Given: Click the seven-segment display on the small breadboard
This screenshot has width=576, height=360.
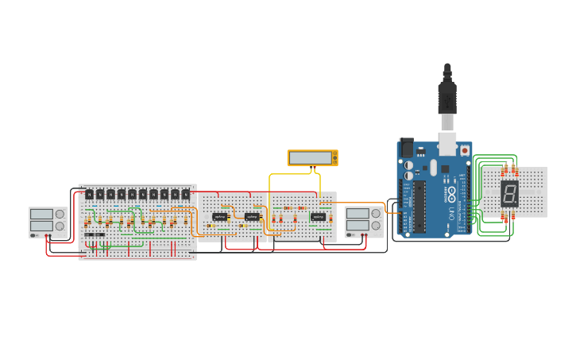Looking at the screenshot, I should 509,193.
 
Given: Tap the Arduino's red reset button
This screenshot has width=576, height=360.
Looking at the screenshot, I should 465,150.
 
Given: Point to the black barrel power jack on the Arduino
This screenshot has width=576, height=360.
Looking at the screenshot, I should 407,148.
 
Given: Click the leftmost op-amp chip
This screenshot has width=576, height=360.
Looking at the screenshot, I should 220,216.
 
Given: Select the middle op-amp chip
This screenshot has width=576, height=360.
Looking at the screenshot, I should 252,216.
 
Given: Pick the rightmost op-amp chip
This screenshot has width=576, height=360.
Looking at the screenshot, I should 318,216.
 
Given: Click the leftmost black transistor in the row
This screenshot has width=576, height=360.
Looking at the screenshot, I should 90,194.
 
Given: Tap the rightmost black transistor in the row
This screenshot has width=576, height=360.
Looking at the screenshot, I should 186,194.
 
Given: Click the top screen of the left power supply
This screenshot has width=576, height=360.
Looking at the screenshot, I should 41,214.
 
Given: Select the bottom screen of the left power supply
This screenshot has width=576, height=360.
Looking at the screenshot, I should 41,226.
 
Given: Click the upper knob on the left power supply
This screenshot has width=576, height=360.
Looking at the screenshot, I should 60,214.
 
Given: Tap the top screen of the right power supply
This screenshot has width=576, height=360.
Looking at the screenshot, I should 358,214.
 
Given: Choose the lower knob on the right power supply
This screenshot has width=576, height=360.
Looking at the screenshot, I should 375,226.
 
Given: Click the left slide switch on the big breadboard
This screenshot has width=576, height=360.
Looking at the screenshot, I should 89,234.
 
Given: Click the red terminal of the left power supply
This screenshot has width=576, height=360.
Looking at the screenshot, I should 51,235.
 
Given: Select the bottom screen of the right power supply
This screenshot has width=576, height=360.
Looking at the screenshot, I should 358,226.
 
